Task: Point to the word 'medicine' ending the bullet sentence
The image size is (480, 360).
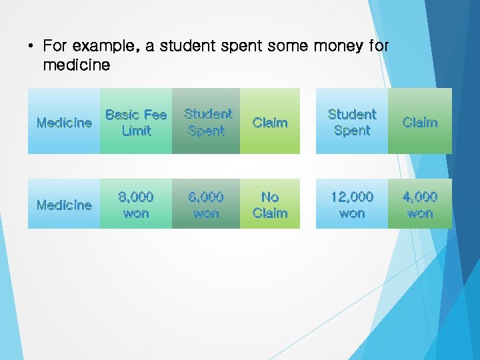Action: (76, 65)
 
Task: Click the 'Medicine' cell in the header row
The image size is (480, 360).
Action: (64, 123)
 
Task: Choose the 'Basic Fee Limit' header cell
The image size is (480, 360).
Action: (136, 123)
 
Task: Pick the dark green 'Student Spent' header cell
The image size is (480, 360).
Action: (207, 123)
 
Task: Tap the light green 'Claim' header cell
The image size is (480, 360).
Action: (270, 123)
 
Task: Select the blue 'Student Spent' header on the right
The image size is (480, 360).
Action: (352, 123)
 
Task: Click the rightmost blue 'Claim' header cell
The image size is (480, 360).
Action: (420, 123)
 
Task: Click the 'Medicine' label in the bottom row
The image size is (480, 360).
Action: (64, 205)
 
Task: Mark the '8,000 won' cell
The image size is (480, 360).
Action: (136, 205)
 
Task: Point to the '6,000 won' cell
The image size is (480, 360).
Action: (207, 205)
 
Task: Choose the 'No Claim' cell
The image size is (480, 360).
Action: (270, 205)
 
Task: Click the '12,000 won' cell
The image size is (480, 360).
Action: (352, 205)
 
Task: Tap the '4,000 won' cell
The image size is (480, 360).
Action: (420, 205)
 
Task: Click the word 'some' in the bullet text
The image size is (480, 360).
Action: (285, 47)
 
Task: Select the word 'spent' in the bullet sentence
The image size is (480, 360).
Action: (242, 47)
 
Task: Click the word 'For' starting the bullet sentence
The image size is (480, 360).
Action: (55, 47)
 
